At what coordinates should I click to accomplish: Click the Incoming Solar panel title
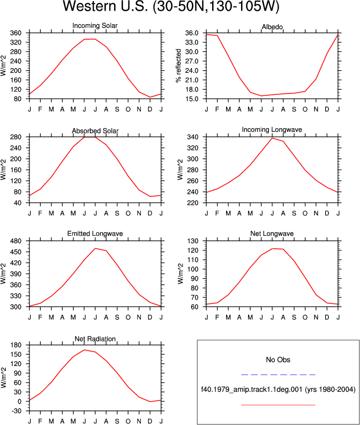(x=95, y=26)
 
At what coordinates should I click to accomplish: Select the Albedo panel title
(x=272, y=27)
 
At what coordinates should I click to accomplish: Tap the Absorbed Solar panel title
(x=95, y=131)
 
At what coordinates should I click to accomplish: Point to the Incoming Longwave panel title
(x=272, y=130)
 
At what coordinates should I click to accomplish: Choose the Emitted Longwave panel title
(x=95, y=234)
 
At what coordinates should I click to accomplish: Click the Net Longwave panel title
(x=272, y=234)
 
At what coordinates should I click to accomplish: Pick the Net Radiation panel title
(x=95, y=339)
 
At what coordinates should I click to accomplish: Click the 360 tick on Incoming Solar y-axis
(x=16, y=33)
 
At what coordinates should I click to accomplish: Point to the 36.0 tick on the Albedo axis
(x=192, y=33)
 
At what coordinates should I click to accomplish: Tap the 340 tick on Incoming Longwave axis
(x=193, y=137)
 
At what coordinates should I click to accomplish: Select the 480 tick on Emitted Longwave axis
(x=16, y=241)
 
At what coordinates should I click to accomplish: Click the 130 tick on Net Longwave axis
(x=193, y=241)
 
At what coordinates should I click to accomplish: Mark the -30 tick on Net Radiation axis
(x=16, y=411)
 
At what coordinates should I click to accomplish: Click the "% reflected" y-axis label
(x=178, y=65)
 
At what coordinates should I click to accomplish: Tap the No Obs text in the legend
(x=278, y=360)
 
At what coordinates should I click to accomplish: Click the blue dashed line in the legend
(x=278, y=375)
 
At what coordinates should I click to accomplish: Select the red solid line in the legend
(x=278, y=405)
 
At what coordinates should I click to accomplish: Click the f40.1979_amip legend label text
(x=278, y=390)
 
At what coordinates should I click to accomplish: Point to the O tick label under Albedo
(x=305, y=109)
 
